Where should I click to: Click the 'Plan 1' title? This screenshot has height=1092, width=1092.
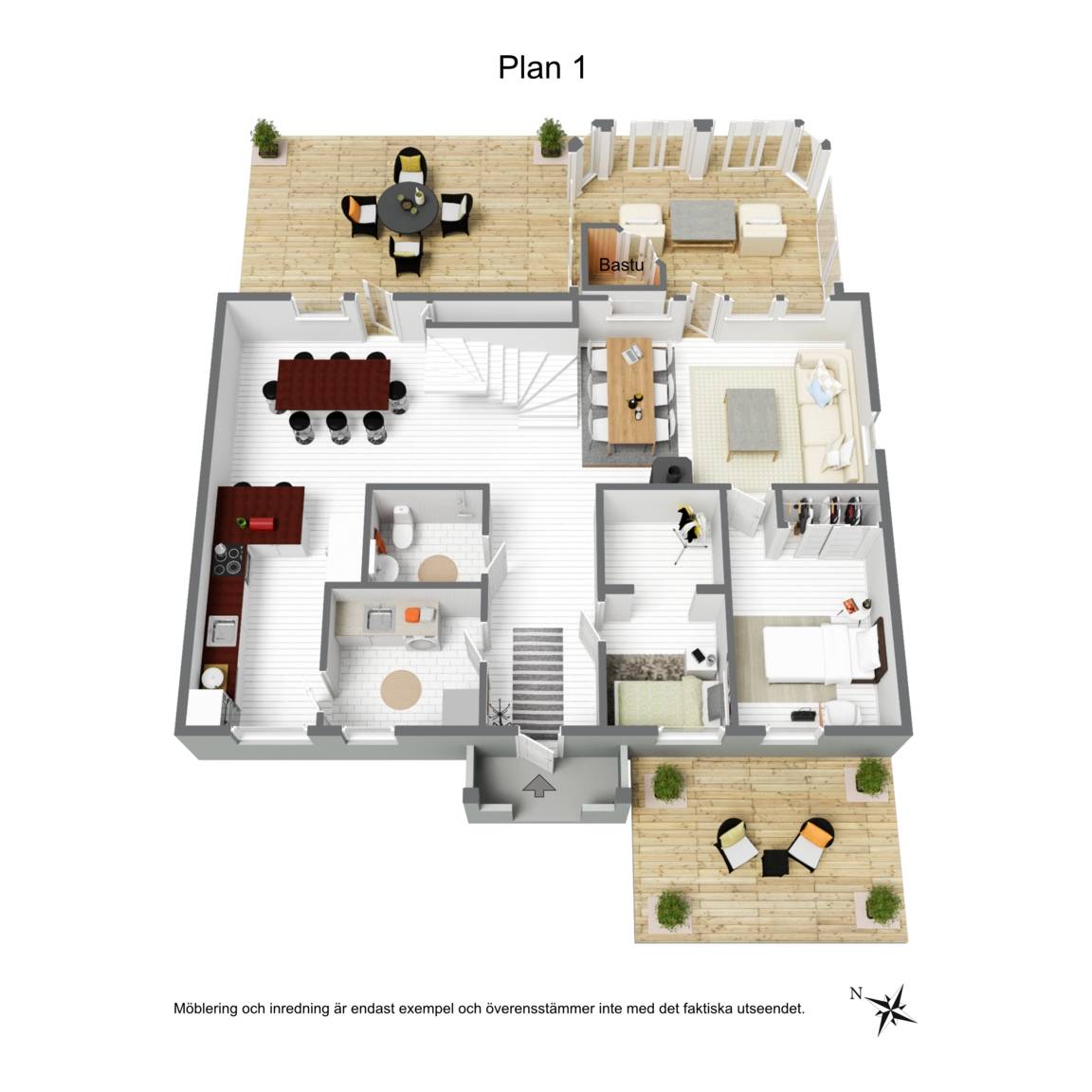point(542,67)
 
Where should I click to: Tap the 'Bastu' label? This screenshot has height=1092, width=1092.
point(621,264)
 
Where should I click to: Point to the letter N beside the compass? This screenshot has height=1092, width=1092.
point(856,993)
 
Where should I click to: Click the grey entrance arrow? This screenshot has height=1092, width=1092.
point(539,786)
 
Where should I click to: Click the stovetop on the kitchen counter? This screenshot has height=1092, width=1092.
point(228,560)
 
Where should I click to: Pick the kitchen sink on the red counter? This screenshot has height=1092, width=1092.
point(222,631)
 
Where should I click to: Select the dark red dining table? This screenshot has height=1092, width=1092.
point(333,385)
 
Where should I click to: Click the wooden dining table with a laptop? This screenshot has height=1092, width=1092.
point(630,390)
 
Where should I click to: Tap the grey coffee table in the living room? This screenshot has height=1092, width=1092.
point(752,421)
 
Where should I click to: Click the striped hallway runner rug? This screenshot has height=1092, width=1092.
point(537,682)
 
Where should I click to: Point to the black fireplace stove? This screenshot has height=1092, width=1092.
point(671,471)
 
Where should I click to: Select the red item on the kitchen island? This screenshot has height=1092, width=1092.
point(262,523)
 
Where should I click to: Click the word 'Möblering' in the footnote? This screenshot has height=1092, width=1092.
point(206,1009)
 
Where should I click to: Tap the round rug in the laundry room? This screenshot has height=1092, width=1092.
point(400,689)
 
